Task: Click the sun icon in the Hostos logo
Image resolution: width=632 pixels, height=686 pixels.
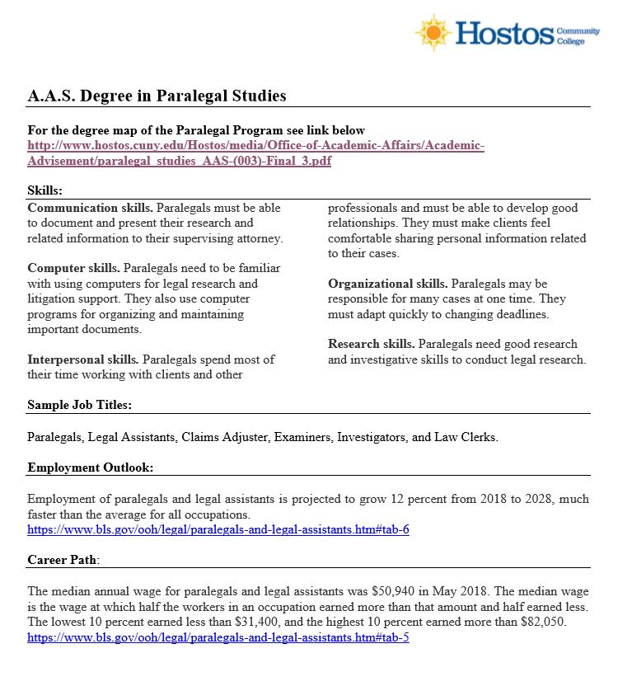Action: [x=433, y=32]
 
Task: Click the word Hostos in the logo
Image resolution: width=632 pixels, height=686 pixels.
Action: [x=504, y=33]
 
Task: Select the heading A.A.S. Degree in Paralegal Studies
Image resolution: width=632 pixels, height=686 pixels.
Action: [x=157, y=96]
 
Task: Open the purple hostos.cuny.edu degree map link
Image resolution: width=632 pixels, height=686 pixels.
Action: [x=255, y=153]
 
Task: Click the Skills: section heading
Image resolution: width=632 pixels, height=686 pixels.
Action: [x=44, y=190]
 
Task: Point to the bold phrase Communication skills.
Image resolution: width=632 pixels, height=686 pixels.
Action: [x=90, y=208]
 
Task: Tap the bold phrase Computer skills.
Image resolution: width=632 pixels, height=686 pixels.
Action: [x=73, y=269]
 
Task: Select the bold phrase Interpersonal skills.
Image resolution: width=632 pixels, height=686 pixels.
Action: [x=83, y=359]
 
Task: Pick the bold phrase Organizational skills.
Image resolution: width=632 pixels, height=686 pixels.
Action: [x=387, y=284]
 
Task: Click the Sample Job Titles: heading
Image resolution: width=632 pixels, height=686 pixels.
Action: [x=79, y=405]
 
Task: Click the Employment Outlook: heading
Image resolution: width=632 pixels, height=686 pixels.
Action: [x=90, y=468]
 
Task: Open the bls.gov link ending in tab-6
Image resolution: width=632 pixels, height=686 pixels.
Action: [x=218, y=529]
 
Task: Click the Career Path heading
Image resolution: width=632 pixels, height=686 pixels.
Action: [x=63, y=560]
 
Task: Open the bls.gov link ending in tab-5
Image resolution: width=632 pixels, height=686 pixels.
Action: [x=218, y=638]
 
